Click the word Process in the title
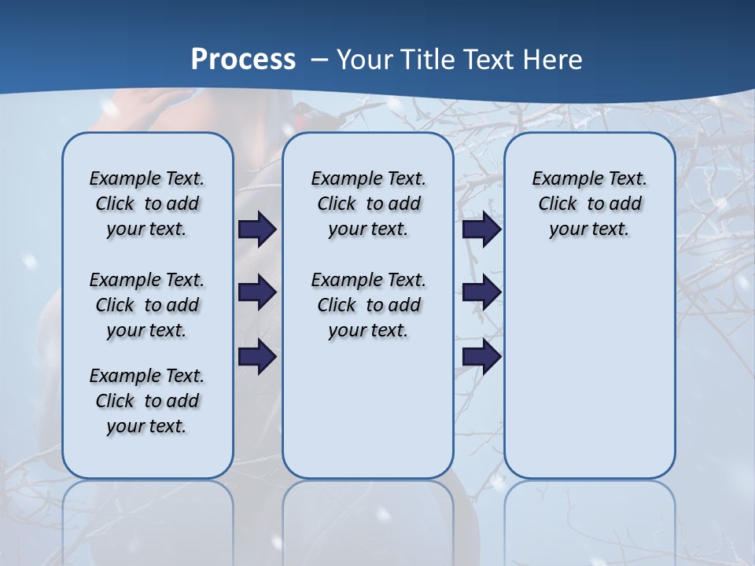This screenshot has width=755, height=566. coord(243,60)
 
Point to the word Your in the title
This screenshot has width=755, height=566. coord(366,60)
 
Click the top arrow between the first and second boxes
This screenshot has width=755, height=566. coord(257,230)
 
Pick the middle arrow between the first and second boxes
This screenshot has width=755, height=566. coord(257,293)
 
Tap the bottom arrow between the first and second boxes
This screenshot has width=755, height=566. coord(257,358)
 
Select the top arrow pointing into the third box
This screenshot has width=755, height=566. coord(482,230)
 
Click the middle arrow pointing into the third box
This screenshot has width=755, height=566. coord(482,293)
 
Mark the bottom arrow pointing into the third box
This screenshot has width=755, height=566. coord(482,358)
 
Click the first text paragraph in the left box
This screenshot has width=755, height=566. coord(147,204)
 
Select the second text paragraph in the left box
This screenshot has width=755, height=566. coord(147,305)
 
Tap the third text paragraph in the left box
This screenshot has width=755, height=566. coord(147,401)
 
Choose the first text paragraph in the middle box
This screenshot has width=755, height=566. coord(368,204)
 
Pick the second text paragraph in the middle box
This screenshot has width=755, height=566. coord(368,305)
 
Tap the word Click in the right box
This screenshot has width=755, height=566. coord(558,204)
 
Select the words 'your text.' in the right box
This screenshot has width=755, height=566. coord(589,230)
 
